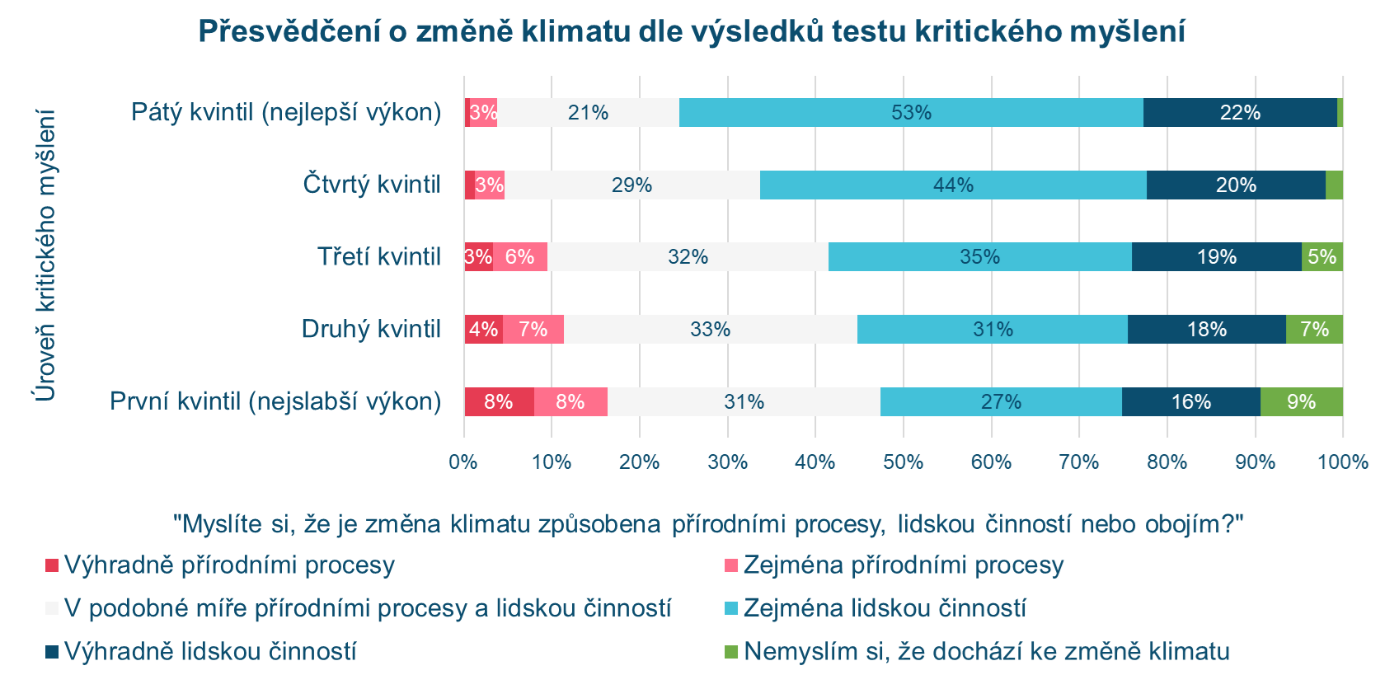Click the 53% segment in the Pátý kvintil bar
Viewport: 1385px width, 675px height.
pos(911,112)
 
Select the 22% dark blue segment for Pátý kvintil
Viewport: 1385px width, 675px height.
pos(1240,112)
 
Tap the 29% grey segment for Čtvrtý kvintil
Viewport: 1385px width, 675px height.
pos(632,185)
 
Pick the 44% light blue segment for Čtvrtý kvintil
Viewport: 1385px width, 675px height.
pos(953,185)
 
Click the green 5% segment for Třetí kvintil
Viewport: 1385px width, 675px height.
pos(1322,256)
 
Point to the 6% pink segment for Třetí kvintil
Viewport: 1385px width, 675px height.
pos(519,256)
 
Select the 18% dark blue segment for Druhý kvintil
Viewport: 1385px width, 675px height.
pos(1207,329)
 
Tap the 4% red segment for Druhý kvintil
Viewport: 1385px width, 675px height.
pos(483,329)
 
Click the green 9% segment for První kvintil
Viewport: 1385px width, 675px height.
pos(1302,401)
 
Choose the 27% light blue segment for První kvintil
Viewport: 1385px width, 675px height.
pos(1001,401)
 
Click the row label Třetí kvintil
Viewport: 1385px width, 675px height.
pos(379,256)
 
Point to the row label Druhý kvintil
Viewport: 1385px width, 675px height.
pos(371,329)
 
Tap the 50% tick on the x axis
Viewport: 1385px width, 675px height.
pos(903,462)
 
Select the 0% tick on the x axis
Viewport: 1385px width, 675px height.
pos(463,462)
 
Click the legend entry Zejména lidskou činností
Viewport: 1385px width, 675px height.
pos(885,608)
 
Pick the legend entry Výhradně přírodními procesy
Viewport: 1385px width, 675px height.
pos(229,565)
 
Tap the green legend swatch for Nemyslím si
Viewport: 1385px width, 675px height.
pos(730,652)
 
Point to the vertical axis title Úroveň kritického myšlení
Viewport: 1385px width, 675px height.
pos(45,255)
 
